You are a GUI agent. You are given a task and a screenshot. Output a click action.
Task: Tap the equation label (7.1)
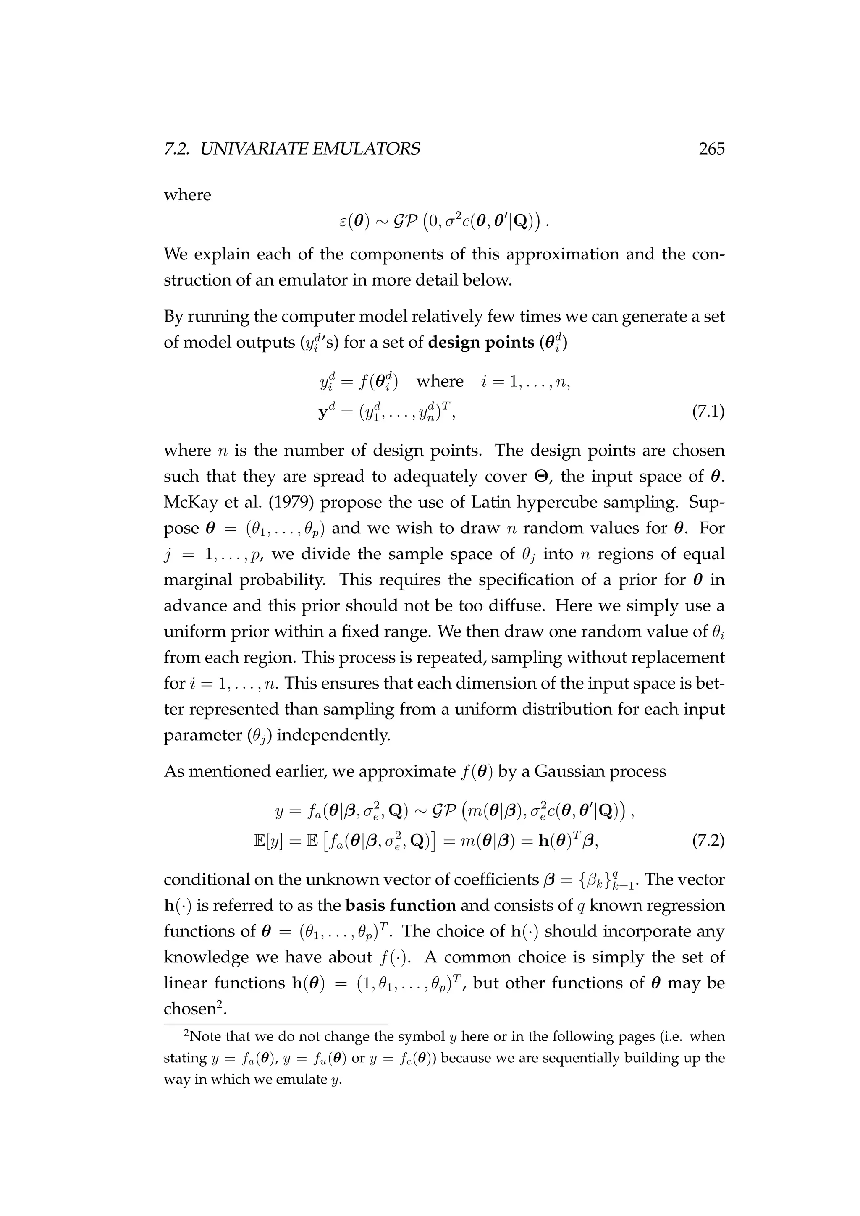[x=708, y=411]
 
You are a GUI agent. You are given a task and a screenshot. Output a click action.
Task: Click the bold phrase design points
[x=480, y=343]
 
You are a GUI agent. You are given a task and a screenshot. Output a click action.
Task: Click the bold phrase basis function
[x=400, y=905]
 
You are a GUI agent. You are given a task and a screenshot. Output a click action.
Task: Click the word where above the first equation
[x=187, y=195]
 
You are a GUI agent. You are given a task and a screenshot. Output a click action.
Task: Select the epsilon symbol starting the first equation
[x=343, y=221]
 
